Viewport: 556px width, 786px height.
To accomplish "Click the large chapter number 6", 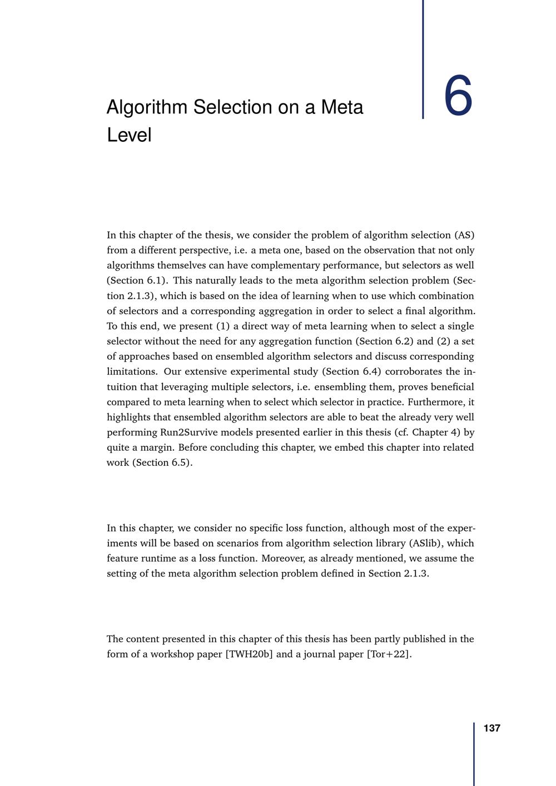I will pyautogui.click(x=458, y=97).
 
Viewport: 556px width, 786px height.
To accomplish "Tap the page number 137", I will pyautogui.click(x=492, y=728).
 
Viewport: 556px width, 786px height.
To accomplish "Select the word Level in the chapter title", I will pyautogui.click(x=129, y=135).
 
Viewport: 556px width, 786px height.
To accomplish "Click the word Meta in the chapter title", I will pyautogui.click(x=342, y=107).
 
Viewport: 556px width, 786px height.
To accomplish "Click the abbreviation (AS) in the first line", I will pyautogui.click(x=464, y=235).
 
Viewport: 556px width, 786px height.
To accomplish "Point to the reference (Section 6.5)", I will pyautogui.click(x=162, y=462).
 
